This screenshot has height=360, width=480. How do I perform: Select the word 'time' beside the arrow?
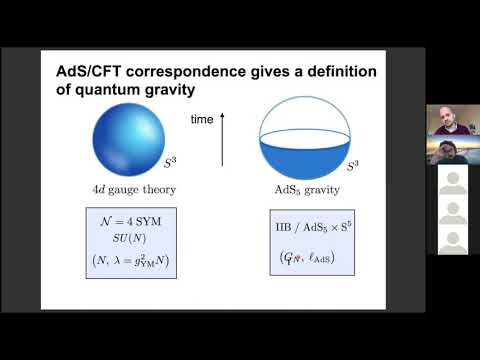tap(202, 120)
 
